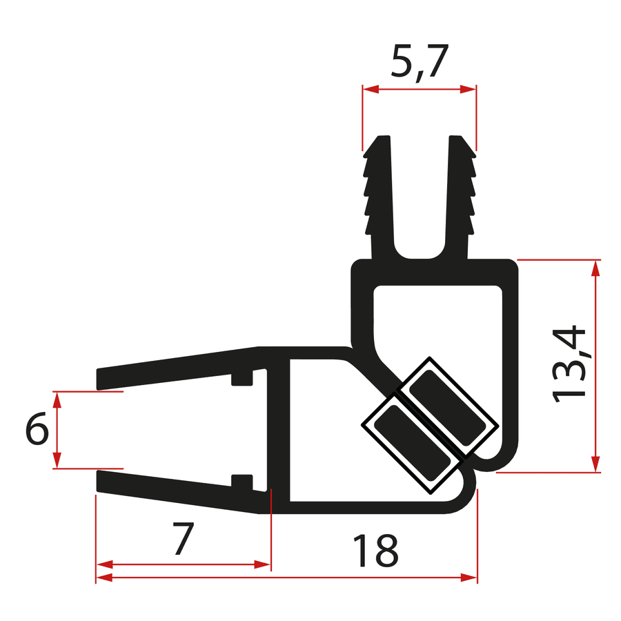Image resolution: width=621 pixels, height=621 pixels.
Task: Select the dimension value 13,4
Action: click(x=571, y=364)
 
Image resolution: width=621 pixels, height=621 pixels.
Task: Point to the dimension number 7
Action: click(x=181, y=539)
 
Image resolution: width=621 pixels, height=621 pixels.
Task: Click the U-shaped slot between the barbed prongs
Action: click(x=420, y=207)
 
